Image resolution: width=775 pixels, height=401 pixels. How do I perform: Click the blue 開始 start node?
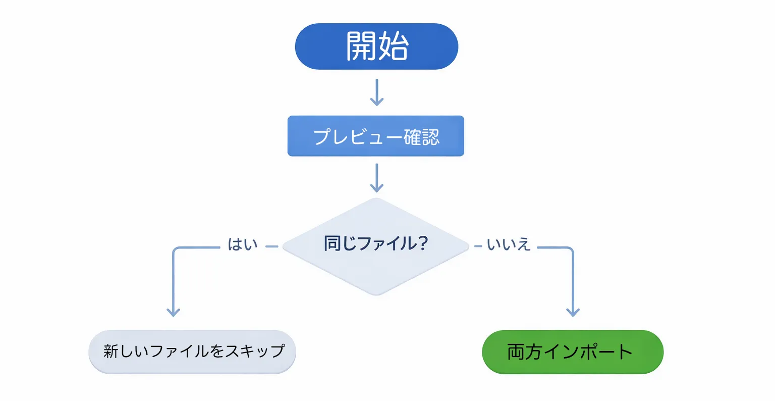click(376, 46)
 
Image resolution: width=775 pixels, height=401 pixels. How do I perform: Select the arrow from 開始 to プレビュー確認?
click(376, 92)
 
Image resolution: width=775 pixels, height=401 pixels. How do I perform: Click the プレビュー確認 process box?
click(376, 136)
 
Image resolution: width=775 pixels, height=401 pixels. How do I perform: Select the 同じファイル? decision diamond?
click(376, 246)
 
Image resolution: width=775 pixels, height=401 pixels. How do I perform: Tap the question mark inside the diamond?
click(422, 243)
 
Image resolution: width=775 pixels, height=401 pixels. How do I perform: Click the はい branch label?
click(243, 244)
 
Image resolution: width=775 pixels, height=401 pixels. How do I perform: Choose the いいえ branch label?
click(509, 245)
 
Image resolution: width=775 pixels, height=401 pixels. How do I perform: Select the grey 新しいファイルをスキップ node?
click(192, 352)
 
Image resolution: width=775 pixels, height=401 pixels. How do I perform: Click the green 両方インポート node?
click(572, 352)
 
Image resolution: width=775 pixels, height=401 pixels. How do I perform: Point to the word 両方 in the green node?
click(524, 352)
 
